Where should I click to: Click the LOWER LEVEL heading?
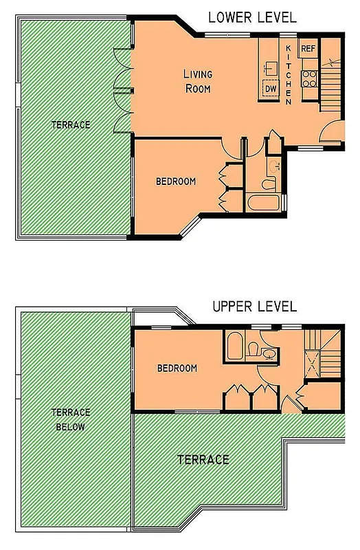point(252,16)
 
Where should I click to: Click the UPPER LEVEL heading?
point(254,306)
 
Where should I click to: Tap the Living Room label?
point(197,81)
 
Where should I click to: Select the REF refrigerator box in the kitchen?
point(308,49)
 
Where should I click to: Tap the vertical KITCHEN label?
point(289,74)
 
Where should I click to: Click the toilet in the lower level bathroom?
point(269,184)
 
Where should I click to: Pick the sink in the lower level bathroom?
point(275,165)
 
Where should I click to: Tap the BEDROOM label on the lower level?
point(176,181)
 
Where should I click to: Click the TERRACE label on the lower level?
point(71,124)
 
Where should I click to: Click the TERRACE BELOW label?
point(71,419)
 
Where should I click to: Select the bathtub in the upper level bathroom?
point(235,346)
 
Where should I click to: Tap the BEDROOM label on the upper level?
point(177,368)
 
